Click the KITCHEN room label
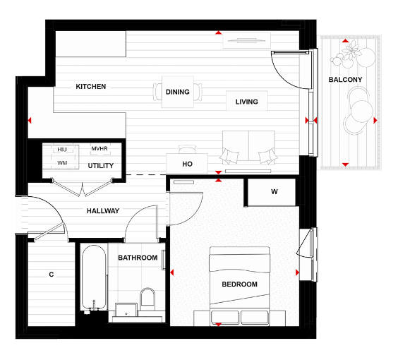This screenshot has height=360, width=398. click(91, 87)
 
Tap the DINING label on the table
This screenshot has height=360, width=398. click(178, 92)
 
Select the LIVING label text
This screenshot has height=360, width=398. click(246, 102)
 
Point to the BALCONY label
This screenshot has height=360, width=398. click(345, 80)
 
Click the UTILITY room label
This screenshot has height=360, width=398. click(100, 166)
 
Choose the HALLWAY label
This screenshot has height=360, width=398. click(103, 211)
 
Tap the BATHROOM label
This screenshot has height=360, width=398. click(138, 258)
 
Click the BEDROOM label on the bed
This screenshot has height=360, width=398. click(239, 284)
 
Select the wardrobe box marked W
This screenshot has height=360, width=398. click(274, 192)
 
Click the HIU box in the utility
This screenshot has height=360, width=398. click(62, 150)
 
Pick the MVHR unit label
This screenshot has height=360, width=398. click(100, 149)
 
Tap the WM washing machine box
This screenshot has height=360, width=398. click(62, 163)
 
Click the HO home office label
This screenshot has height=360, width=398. click(187, 164)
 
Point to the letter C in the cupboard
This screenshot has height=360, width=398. click(52, 274)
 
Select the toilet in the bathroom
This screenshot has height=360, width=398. click(147, 298)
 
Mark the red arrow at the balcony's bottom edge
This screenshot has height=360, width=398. click(345, 164)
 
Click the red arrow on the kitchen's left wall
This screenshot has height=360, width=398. click(30, 121)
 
